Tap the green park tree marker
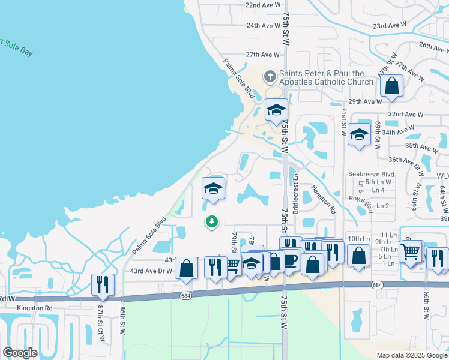click(x=211, y=222)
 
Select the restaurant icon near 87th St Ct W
click(x=103, y=284)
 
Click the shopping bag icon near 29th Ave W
click(x=391, y=86)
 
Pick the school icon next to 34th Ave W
click(x=359, y=134)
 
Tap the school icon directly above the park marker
click(x=213, y=188)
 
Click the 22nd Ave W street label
click(x=263, y=5)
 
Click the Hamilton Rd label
click(x=323, y=200)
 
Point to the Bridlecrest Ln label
click(x=295, y=196)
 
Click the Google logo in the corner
click(x=20, y=352)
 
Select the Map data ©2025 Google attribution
click(x=411, y=355)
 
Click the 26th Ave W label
click(x=433, y=46)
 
